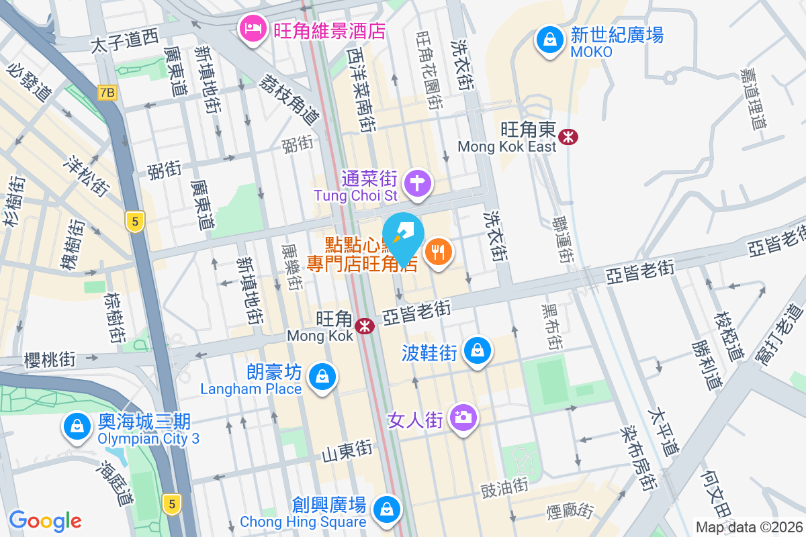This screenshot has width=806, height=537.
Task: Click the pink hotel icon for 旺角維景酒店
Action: pyautogui.click(x=253, y=30)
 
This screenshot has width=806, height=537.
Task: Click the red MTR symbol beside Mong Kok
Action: pyautogui.click(x=365, y=326)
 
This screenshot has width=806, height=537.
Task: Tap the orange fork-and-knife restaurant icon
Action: pyautogui.click(x=439, y=252)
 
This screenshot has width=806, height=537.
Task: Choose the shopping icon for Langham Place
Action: pyautogui.click(x=322, y=377)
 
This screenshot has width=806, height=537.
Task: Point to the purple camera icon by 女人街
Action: pyautogui.click(x=463, y=418)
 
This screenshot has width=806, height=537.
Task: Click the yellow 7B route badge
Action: pyautogui.click(x=107, y=93)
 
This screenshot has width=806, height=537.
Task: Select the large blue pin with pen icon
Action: pyautogui.click(x=404, y=237)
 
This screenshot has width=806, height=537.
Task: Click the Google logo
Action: pyautogui.click(x=45, y=521)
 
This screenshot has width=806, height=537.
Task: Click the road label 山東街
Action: pyautogui.click(x=347, y=450)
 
